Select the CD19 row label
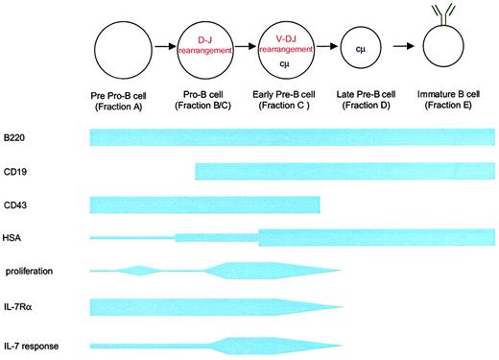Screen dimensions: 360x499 tap(13, 172)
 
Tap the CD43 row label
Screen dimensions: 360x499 tap(13, 204)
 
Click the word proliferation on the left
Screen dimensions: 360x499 tap(29, 272)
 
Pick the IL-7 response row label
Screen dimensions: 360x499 tap(32, 343)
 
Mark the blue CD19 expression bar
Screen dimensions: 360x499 tap(345, 172)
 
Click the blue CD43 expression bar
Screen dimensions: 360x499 tap(204, 204)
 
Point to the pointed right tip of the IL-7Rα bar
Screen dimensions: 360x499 tap(341, 306)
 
